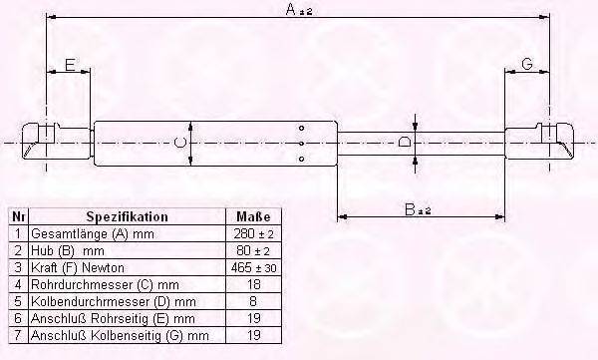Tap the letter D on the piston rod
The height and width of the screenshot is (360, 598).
404,143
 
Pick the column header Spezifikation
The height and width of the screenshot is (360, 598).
127,216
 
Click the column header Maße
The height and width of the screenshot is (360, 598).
253,216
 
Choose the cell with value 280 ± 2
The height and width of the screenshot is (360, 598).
253,232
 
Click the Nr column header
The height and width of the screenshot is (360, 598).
18,216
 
